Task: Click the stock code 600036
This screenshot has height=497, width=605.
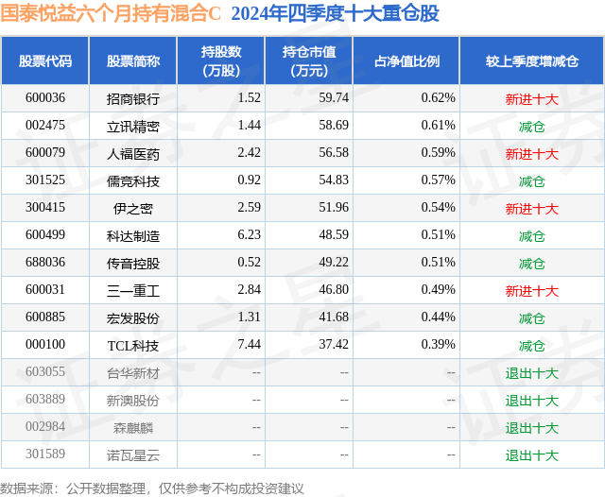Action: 45,98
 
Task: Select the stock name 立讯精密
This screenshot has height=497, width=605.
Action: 133,126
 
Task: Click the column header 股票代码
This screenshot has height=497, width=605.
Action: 45,61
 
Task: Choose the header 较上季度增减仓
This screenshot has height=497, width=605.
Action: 532,61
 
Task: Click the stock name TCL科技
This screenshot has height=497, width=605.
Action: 133,345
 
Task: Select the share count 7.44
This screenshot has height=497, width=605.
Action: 250,345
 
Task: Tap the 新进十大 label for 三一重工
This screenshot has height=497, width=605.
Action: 532,290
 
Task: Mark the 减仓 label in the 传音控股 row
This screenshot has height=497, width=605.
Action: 532,263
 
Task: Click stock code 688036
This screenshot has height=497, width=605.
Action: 45,263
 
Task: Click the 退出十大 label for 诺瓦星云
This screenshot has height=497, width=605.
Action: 532,454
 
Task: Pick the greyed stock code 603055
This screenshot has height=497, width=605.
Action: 45,372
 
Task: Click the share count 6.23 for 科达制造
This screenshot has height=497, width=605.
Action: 250,235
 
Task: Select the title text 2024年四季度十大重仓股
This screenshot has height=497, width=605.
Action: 334,14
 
